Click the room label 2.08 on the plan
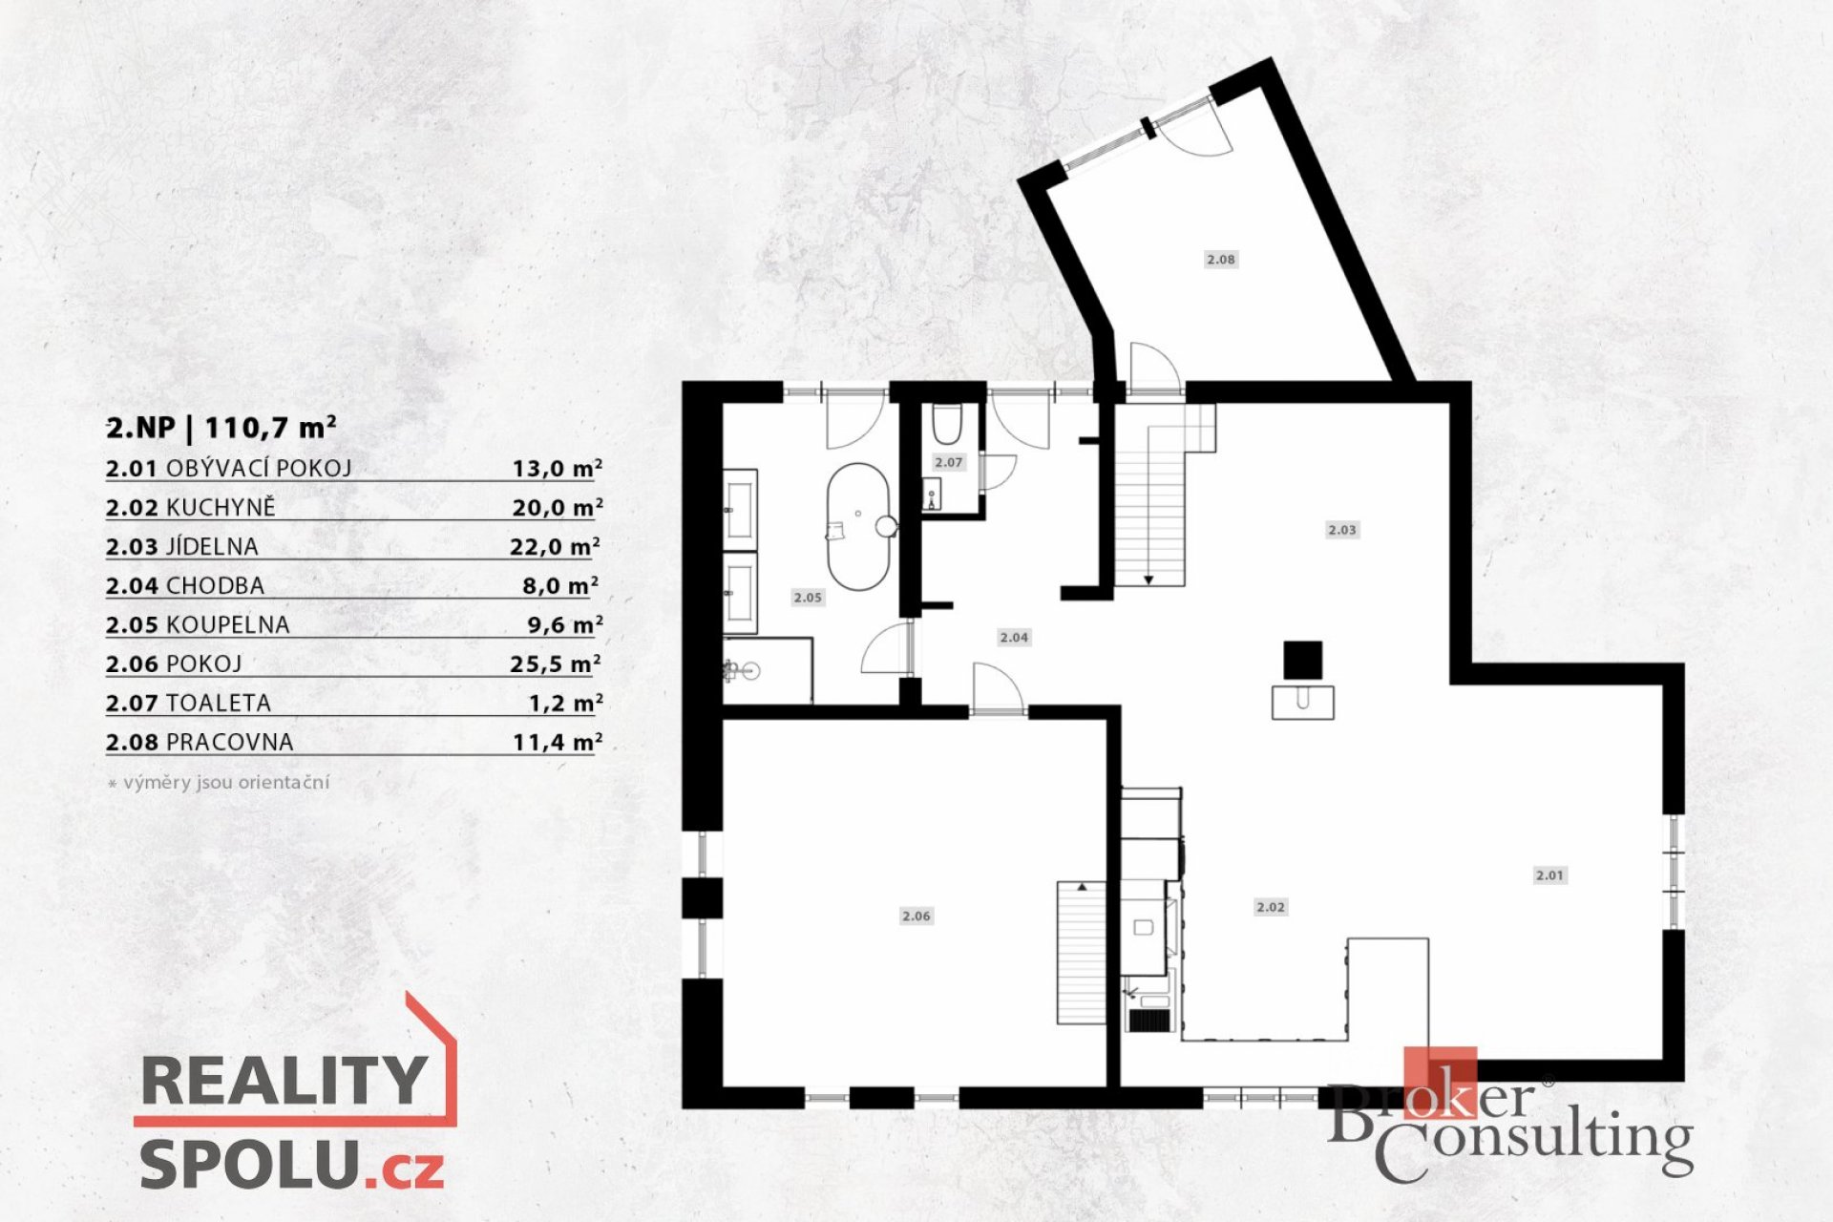(x=1221, y=260)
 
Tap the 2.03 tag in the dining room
(x=1342, y=530)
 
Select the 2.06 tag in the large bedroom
(x=916, y=916)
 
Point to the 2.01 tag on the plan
(x=1549, y=875)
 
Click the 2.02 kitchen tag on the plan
(x=1271, y=908)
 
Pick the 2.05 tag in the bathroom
(x=808, y=598)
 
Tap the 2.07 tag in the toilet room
(x=949, y=462)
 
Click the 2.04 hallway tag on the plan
(x=1014, y=638)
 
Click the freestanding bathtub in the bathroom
(x=858, y=526)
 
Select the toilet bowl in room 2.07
(x=947, y=425)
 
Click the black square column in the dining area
(x=1302, y=660)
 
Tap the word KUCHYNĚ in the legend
(x=221, y=507)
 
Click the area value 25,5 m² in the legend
(x=556, y=664)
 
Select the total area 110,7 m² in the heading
(x=270, y=427)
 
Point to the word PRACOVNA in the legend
(x=230, y=742)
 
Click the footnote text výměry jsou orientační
(x=226, y=782)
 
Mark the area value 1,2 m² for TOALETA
(x=566, y=703)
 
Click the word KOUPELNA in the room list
(x=228, y=624)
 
